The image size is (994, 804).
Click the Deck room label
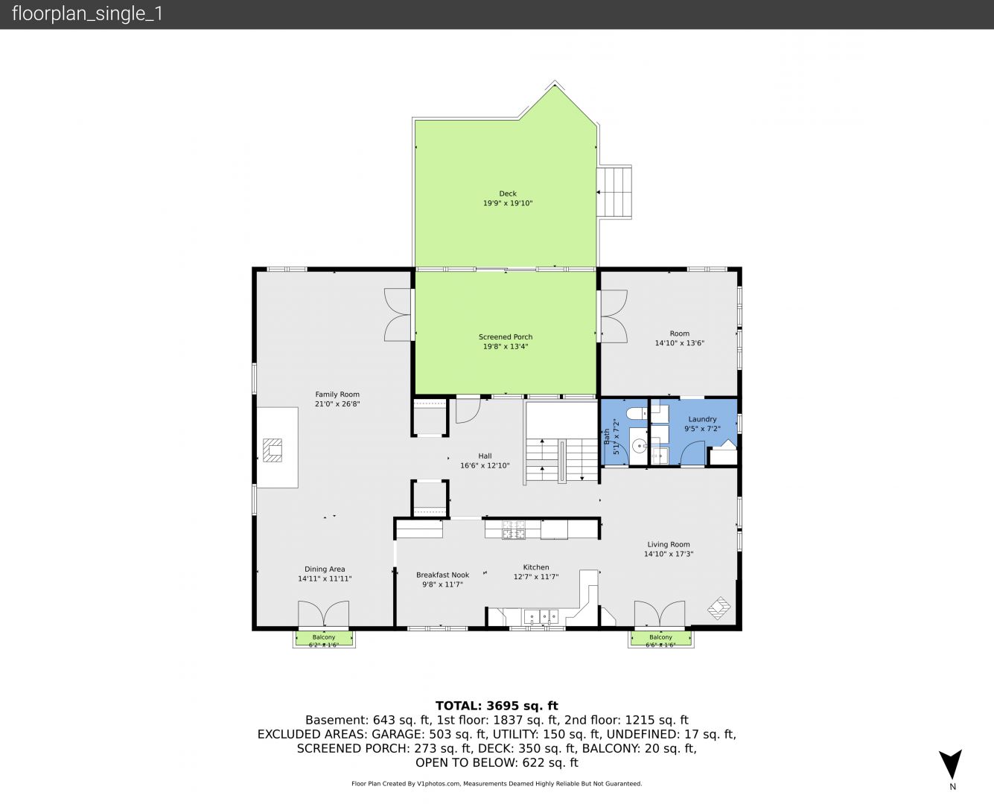(508, 194)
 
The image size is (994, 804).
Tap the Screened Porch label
(506, 337)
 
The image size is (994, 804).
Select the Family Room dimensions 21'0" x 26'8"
(337, 404)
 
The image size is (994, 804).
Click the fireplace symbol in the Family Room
(272, 450)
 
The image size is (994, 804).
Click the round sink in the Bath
(640, 447)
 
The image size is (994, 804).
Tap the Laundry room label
(702, 419)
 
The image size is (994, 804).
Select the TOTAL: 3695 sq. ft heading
(497, 706)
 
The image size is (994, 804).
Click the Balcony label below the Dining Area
(324, 637)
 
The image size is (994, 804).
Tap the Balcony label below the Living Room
(660, 637)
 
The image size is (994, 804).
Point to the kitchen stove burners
(513, 530)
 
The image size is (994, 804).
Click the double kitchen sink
(541, 617)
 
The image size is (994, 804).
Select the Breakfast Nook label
(443, 575)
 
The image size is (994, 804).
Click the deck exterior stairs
(614, 191)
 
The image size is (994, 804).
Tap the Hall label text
(485, 456)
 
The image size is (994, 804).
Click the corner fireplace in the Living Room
(719, 608)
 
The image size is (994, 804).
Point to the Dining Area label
(325, 569)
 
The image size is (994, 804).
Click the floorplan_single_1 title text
(87, 14)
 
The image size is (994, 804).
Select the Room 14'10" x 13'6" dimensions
(680, 343)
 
